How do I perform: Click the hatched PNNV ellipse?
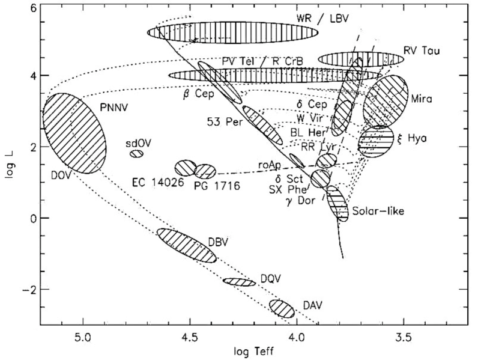(75, 133)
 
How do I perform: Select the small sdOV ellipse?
(137, 153)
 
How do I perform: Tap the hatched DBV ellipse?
(186, 245)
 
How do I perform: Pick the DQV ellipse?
(240, 281)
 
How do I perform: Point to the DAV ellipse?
(282, 308)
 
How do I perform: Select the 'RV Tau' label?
(423, 50)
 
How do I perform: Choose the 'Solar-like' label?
(378, 211)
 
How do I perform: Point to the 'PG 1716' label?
(217, 186)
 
